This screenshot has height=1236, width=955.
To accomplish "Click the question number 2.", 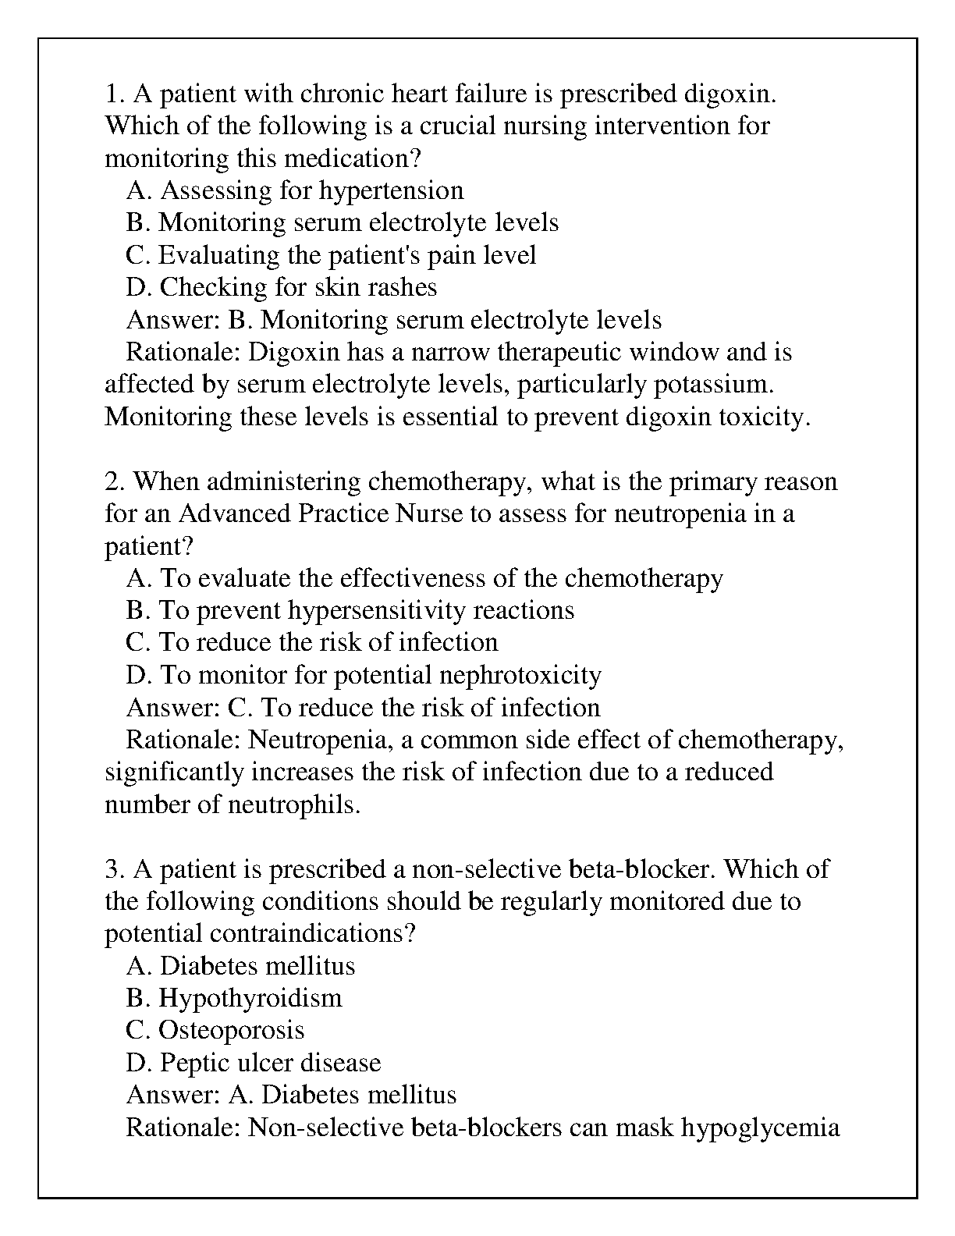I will tap(113, 481).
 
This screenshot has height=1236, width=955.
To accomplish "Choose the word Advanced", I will tap(235, 514).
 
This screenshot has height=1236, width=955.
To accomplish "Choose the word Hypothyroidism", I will tap(250, 998).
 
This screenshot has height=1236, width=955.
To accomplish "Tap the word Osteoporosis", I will tap(231, 1031).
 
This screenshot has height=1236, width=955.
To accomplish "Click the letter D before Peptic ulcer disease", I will tap(137, 1063).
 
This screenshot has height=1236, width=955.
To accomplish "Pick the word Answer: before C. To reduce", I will tap(173, 708).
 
